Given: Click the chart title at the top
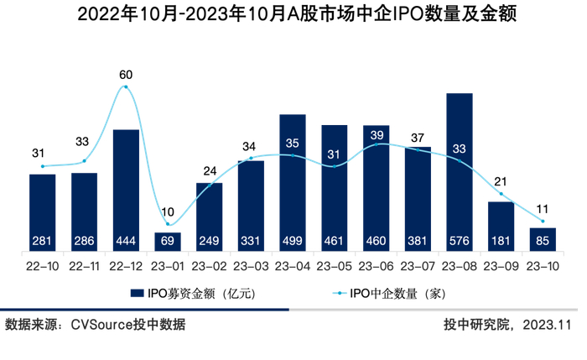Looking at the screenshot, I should point(294,14).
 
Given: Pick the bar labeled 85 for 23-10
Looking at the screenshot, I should point(543,239).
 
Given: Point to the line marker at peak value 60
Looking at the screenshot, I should point(126,87).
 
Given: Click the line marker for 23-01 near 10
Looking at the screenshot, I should point(168,224).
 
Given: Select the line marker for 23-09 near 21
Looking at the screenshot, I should point(501,195).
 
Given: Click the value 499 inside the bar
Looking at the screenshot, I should point(293,242).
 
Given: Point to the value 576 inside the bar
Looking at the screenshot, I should point(460,242).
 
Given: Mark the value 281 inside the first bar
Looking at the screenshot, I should point(43,242).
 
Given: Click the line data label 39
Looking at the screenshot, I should point(377,134).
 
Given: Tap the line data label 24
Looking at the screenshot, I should point(210,170).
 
